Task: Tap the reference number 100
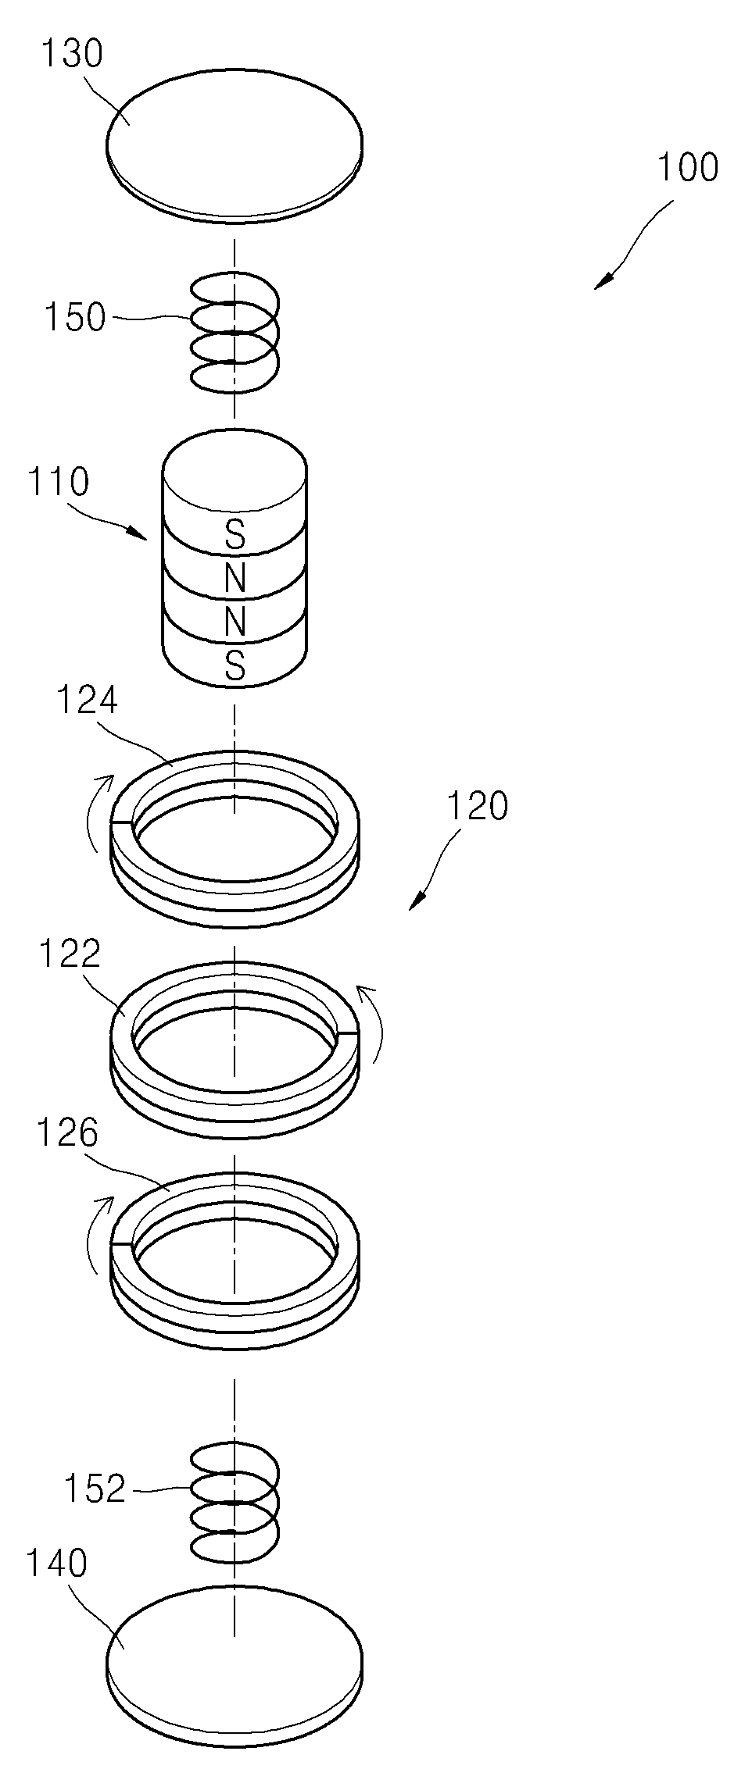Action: pyautogui.click(x=687, y=168)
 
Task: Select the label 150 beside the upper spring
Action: pyautogui.click(x=74, y=318)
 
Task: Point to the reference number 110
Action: pyautogui.click(x=59, y=482)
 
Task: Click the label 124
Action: pyautogui.click(x=87, y=700)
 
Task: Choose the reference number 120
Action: pyautogui.click(x=477, y=805)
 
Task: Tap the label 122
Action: pyautogui.click(x=70, y=954)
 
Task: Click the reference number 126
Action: pyautogui.click(x=68, y=1133)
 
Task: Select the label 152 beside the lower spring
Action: pyautogui.click(x=95, y=1490)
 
